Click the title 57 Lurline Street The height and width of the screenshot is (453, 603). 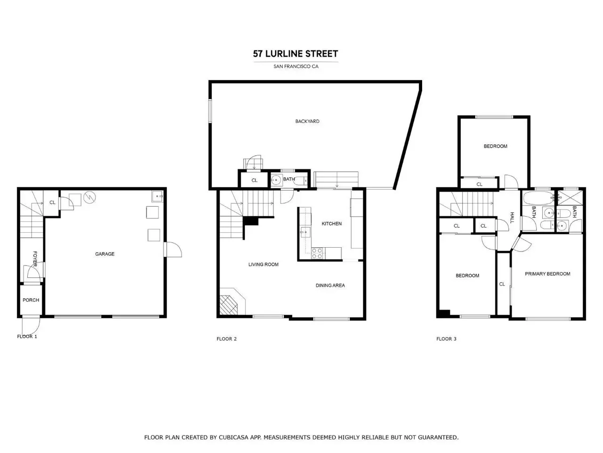tap(295, 54)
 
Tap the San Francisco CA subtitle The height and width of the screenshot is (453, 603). tap(296, 67)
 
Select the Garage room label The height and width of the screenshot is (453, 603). tap(105, 254)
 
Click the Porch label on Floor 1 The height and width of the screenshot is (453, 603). tap(31, 300)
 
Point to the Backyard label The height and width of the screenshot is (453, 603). tap(307, 121)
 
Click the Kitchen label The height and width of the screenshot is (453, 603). tap(332, 224)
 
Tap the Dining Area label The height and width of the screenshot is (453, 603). tap(330, 285)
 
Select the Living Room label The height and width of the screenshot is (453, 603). tap(263, 265)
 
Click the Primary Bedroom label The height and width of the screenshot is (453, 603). tap(547, 274)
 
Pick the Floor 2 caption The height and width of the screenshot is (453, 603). tap(227, 339)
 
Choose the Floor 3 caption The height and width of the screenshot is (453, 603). tap(446, 339)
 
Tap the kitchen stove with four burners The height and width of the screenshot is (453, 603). tap(317, 253)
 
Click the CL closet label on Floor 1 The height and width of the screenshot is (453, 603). tap(52, 202)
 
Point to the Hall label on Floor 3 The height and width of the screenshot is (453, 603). tap(512, 218)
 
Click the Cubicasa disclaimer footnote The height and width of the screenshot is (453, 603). tap(301, 437)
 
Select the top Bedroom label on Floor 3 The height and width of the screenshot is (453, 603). tap(495, 146)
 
